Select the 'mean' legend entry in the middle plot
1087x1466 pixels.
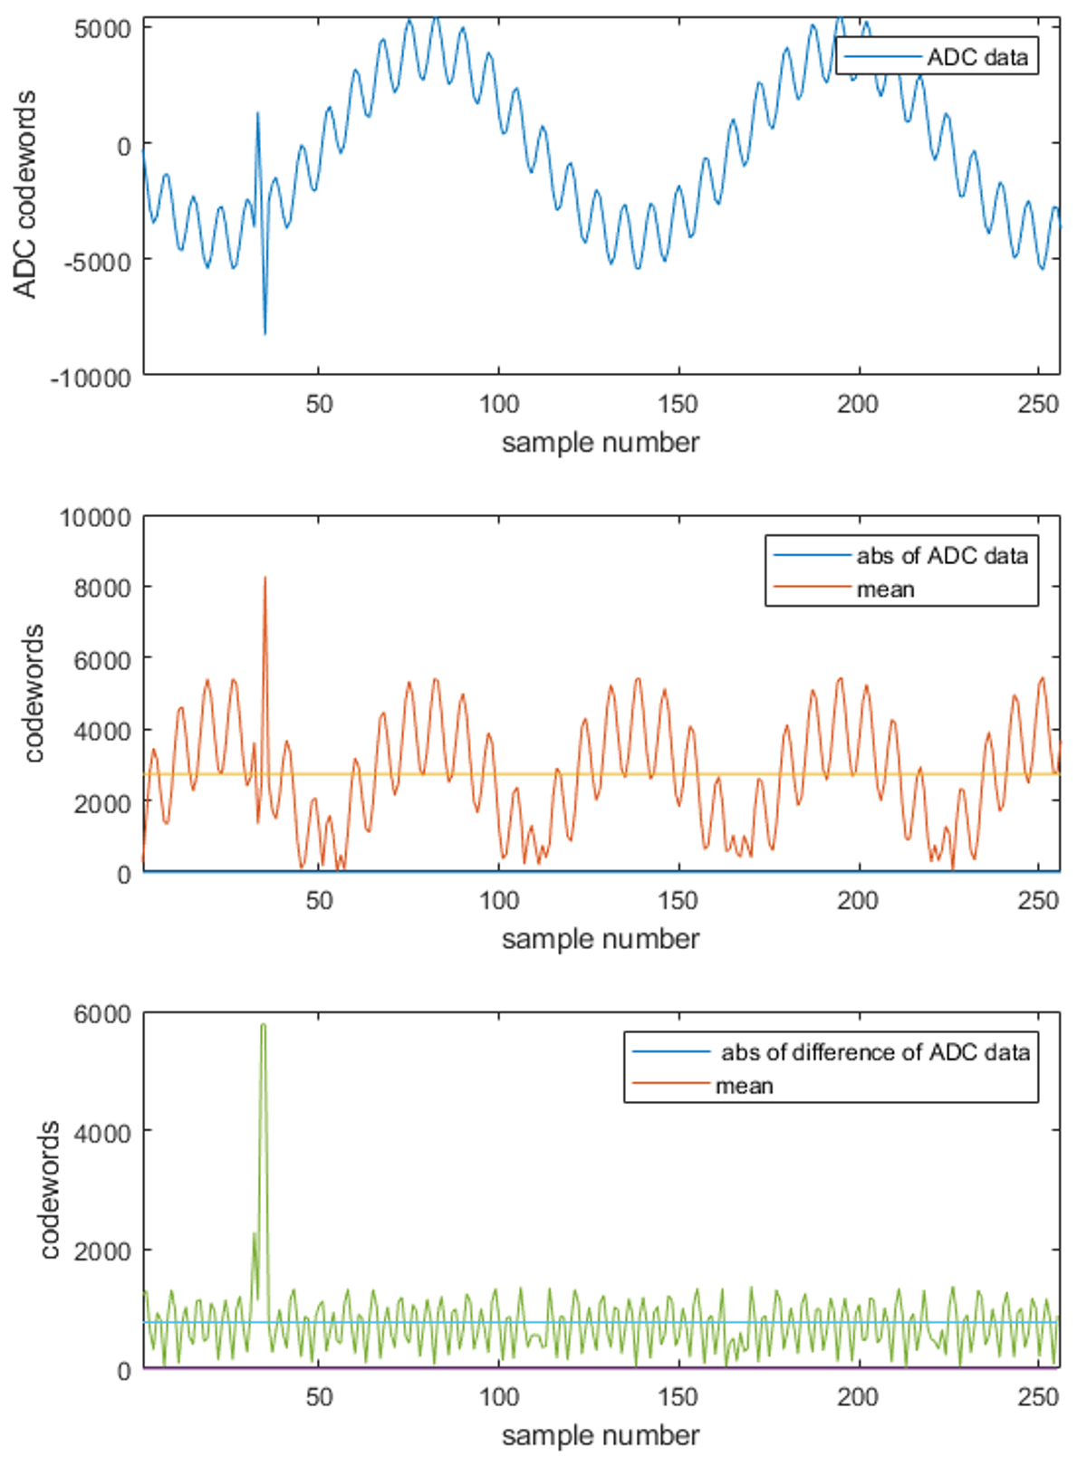click(x=885, y=589)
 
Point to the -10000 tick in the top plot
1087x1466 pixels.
click(x=90, y=378)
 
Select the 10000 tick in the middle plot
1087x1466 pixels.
click(x=95, y=518)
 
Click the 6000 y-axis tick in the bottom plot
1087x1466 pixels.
click(x=101, y=1014)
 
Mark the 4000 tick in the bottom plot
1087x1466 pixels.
click(x=101, y=1133)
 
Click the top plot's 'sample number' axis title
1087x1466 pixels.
click(x=601, y=443)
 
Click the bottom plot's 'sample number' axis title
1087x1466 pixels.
click(x=601, y=1435)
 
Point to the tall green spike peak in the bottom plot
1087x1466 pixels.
click(x=263, y=1025)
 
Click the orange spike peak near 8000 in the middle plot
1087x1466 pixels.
click(x=265, y=578)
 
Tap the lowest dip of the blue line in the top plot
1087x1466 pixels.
click(x=265, y=333)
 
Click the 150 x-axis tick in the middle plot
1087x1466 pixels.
click(x=678, y=901)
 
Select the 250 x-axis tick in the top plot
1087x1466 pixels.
click(x=1038, y=404)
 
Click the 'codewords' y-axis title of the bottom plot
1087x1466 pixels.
click(x=50, y=1190)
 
